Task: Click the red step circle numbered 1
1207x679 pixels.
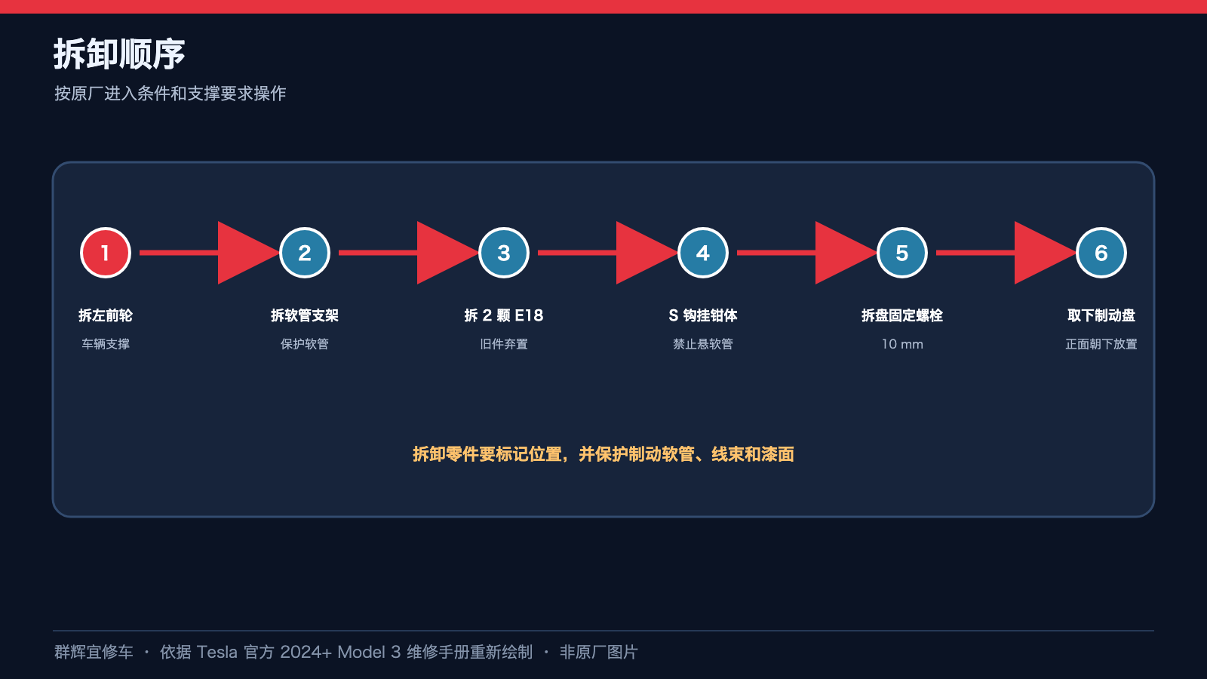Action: point(106,253)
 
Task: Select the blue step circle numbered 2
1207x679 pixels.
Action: point(305,253)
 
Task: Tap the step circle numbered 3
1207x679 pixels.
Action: point(504,253)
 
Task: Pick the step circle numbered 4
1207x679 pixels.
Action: point(702,253)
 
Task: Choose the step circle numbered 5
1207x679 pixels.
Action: point(902,253)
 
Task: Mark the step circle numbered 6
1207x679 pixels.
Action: point(1101,253)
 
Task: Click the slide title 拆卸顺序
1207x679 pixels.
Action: point(119,54)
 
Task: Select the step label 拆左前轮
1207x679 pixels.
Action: point(106,315)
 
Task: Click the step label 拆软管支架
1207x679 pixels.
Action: point(305,315)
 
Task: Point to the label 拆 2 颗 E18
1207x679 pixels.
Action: point(504,315)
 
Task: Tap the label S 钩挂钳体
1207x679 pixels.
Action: point(702,315)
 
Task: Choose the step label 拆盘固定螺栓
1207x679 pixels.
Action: point(902,315)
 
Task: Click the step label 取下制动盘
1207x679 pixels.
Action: point(1101,315)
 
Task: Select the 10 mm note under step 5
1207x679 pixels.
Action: point(902,344)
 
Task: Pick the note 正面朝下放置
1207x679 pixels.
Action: point(1101,344)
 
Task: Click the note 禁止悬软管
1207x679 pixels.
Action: point(702,344)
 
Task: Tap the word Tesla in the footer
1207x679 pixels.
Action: point(217,652)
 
